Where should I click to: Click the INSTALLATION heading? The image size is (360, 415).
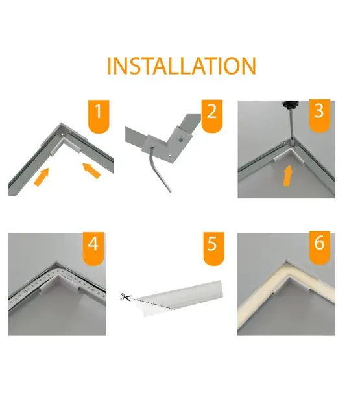[181, 65]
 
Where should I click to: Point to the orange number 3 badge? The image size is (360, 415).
[318, 114]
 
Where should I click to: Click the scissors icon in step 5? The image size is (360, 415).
[125, 298]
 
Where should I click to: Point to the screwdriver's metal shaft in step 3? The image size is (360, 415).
[289, 126]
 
